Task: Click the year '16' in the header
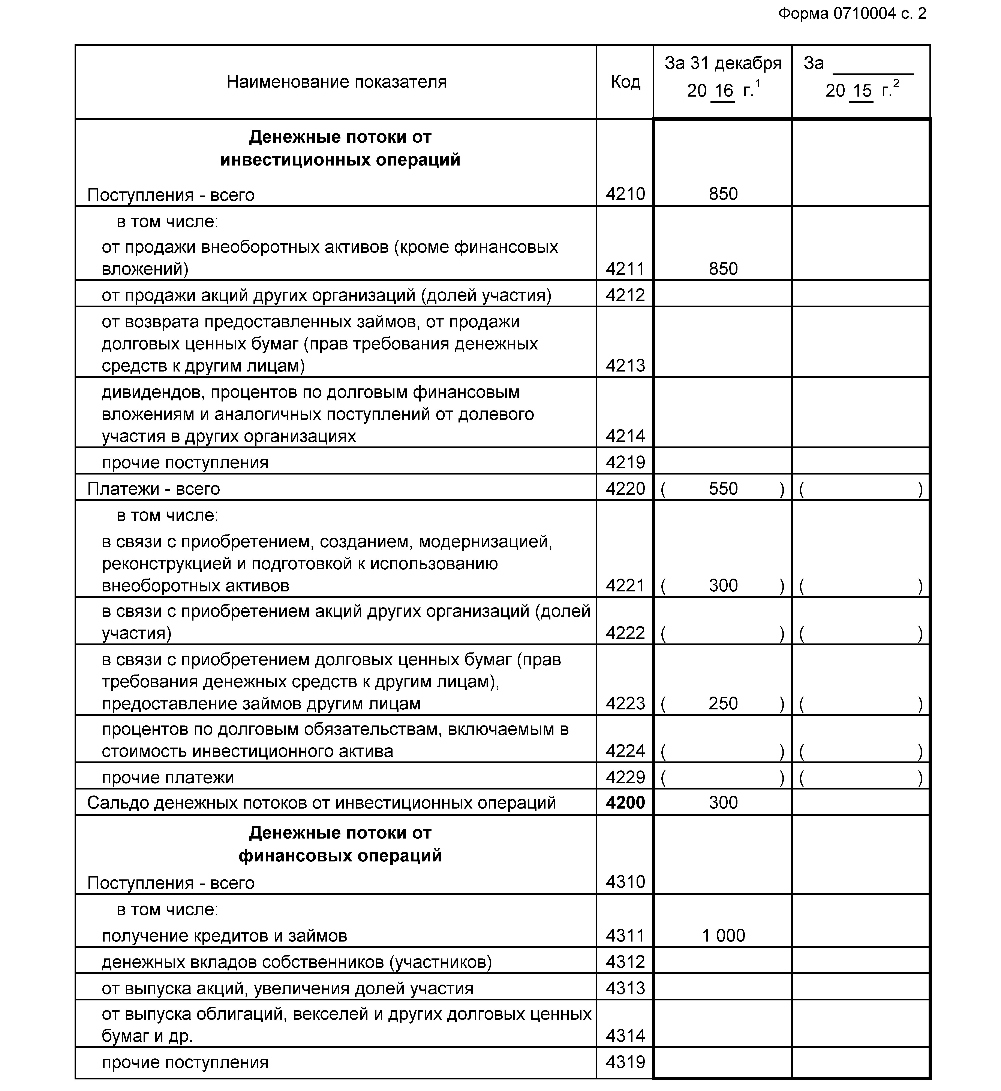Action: pos(723,90)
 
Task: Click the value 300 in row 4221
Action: pos(723,585)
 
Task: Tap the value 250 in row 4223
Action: pos(723,703)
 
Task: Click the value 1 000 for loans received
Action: pos(723,936)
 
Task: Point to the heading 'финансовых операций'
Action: pos(340,856)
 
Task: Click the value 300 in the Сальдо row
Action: pos(723,802)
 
